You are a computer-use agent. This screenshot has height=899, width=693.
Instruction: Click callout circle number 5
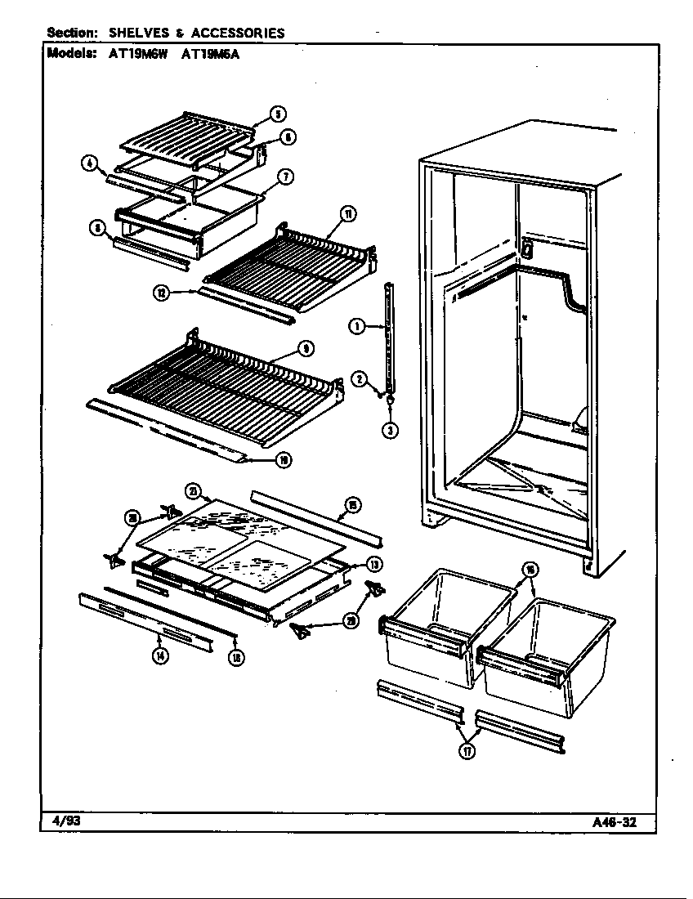click(278, 114)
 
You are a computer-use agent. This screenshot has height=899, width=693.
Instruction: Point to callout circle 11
click(347, 215)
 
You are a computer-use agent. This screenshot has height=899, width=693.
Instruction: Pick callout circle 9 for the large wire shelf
click(305, 349)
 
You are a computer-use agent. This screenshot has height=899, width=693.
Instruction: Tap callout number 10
click(282, 461)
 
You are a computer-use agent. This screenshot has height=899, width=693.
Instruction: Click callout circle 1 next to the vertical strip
click(356, 327)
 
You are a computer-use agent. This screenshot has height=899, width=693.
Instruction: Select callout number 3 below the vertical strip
click(391, 430)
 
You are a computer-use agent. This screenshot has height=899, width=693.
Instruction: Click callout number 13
click(374, 564)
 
